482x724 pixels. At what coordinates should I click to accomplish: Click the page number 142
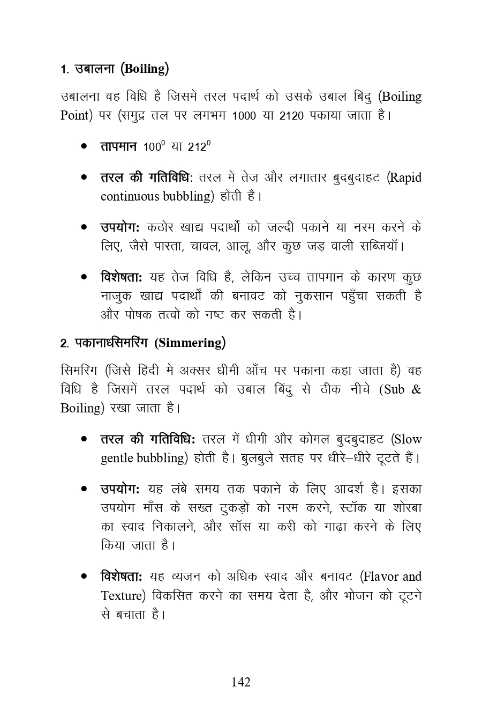[x=240, y=682]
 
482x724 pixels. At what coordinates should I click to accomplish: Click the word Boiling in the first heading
[x=145, y=69]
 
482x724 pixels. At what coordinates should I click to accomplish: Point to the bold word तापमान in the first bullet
[x=119, y=146]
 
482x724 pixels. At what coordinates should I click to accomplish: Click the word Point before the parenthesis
[x=74, y=115]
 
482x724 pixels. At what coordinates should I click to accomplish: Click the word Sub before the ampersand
[x=394, y=389]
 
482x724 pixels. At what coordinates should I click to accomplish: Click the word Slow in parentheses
[x=408, y=439]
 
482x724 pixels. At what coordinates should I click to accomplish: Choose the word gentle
[x=117, y=458]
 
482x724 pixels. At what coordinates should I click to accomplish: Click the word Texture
[x=121, y=595]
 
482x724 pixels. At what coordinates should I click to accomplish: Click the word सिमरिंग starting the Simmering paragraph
[x=78, y=371]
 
